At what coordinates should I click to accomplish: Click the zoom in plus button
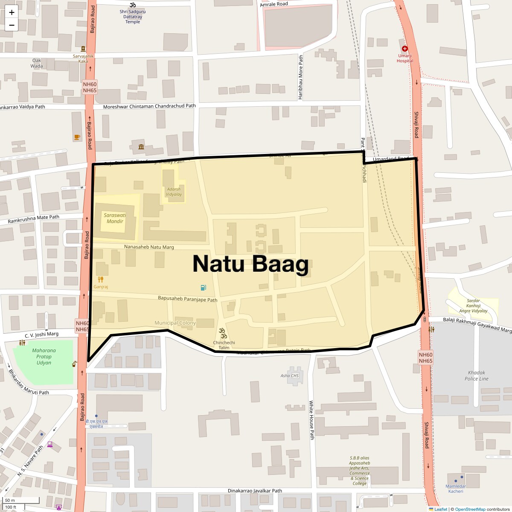click(x=12, y=12)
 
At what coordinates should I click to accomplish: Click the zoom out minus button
click(x=12, y=25)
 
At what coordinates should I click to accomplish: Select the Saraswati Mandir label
click(x=115, y=218)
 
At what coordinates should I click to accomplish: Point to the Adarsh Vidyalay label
click(x=174, y=192)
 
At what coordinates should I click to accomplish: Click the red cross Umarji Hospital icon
click(x=404, y=49)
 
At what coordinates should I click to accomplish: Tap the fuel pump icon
click(x=203, y=288)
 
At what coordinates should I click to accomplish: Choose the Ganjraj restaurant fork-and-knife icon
click(x=101, y=279)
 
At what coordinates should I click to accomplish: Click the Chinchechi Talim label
click(x=224, y=345)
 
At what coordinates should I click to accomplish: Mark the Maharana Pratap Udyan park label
click(x=44, y=357)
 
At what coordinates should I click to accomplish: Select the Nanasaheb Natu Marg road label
click(x=149, y=247)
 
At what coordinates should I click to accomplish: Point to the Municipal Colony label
click(x=175, y=323)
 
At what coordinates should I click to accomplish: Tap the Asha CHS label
click(x=290, y=376)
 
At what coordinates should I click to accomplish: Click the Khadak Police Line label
click(x=477, y=375)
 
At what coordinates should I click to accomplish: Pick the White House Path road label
click(x=311, y=420)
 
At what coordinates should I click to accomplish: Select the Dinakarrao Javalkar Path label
click(x=255, y=491)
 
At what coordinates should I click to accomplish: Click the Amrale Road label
click(x=274, y=4)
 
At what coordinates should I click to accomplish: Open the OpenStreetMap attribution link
click(x=470, y=509)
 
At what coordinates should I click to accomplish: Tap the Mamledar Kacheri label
click(x=456, y=489)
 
